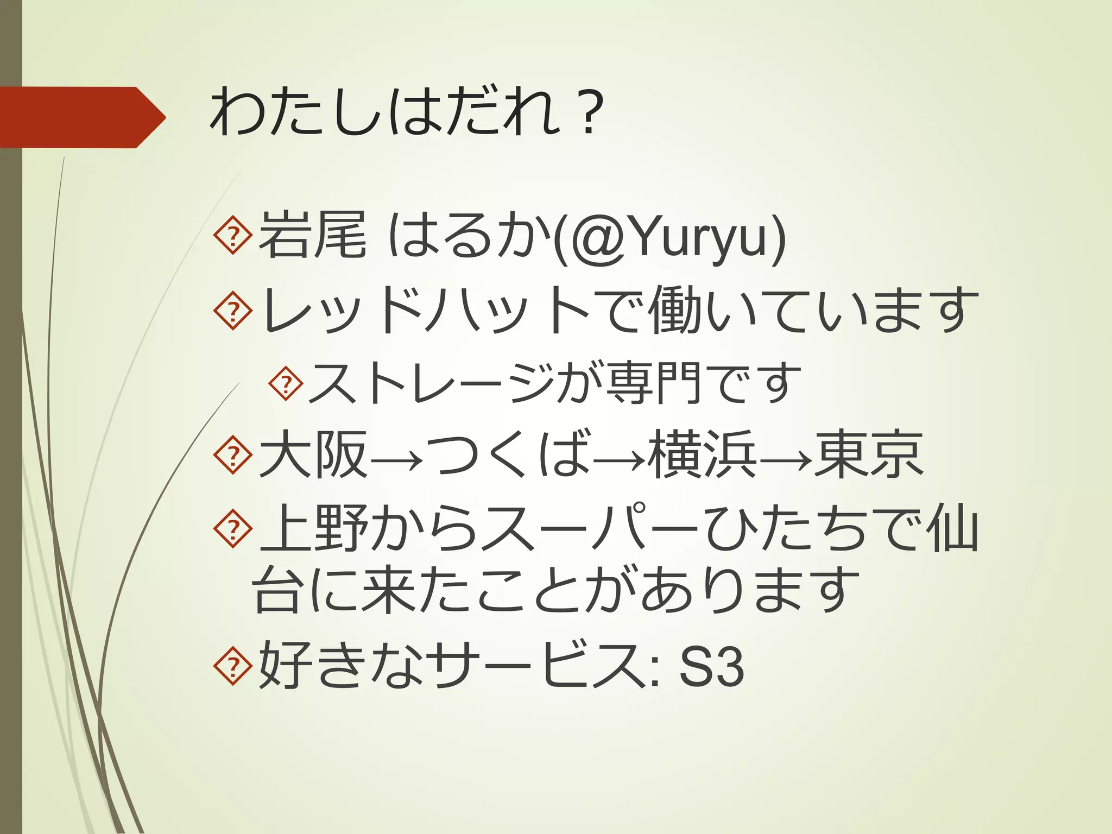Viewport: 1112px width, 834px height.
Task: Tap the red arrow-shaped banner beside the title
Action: click(x=81, y=117)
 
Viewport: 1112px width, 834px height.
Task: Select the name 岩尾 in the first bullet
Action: click(x=312, y=236)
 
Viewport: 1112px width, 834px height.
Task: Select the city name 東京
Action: click(x=868, y=455)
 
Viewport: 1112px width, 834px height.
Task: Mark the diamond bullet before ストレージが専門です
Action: click(x=286, y=384)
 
